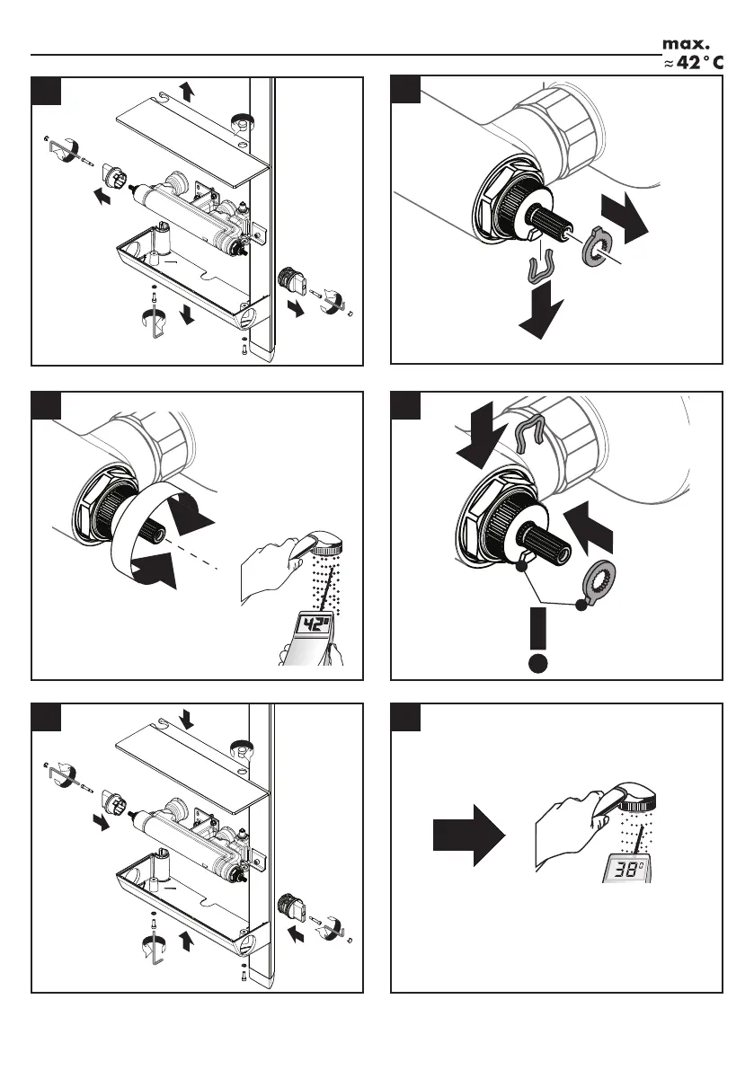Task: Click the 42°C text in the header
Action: pyautogui.click(x=697, y=63)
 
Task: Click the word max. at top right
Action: pyautogui.click(x=687, y=43)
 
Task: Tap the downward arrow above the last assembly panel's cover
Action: pyautogui.click(x=186, y=717)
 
